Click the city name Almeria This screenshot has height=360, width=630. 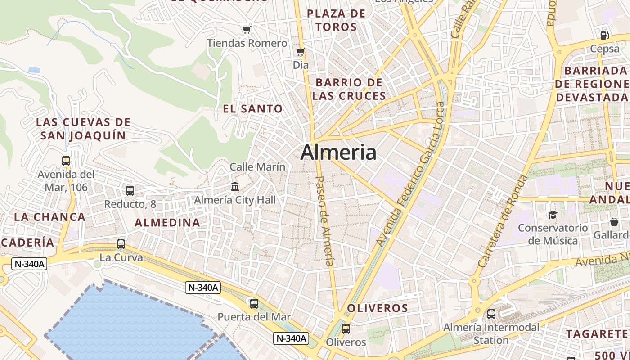338,153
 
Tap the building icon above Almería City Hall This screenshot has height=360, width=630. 234,186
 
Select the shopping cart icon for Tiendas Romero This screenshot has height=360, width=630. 246,30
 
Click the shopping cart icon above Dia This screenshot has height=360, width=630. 300,52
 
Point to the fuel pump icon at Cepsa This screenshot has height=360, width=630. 604,35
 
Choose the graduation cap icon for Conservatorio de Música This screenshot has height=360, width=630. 552,215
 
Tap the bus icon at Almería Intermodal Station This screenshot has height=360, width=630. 491,314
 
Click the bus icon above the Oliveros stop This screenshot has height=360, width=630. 346,328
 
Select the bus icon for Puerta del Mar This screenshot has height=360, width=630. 254,304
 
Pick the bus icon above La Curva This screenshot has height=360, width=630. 121,244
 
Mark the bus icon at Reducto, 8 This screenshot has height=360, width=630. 130,191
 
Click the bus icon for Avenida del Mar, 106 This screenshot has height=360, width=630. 66,161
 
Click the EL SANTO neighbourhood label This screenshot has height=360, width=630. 253,109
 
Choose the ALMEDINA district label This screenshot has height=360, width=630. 167,222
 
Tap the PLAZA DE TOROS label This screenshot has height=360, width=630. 336,20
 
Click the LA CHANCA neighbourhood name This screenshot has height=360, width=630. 49,217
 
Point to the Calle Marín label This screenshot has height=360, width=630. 257,167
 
